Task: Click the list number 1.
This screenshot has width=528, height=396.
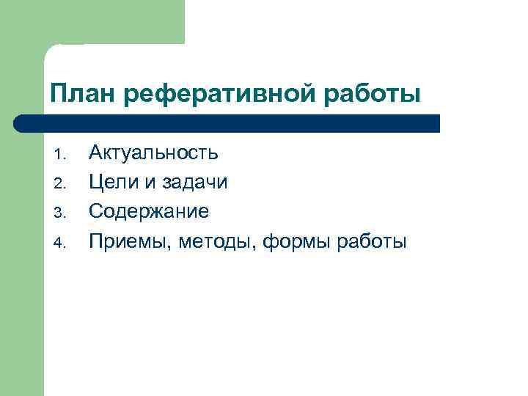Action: (61, 155)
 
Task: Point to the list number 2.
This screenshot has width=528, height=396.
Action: (61, 184)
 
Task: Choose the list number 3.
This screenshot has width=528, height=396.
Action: (61, 213)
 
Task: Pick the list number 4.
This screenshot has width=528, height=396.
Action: (61, 243)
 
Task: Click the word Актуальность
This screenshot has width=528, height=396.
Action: (153, 153)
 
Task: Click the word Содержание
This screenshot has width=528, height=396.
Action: (149, 211)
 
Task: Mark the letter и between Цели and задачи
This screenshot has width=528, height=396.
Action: (150, 183)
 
